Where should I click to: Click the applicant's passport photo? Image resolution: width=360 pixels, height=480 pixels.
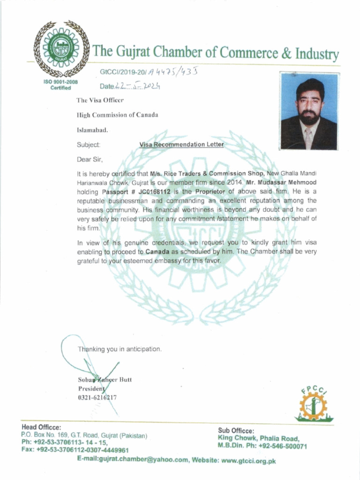(308, 111)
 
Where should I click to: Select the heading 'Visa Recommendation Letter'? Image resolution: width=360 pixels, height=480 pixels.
(181, 145)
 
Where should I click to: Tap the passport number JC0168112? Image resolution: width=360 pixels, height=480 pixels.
(151, 192)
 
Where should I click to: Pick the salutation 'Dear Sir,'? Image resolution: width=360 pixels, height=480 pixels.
(90, 159)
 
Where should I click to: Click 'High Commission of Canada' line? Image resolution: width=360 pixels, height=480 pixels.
(117, 115)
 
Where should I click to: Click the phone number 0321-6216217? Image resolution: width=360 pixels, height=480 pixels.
(97, 397)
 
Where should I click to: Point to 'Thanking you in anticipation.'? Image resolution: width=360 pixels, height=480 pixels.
(120, 349)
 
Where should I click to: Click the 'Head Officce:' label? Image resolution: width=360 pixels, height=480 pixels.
(41, 427)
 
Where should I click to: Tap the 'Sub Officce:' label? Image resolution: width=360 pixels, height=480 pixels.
(236, 431)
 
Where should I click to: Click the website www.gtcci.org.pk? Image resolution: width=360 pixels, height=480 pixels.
(248, 460)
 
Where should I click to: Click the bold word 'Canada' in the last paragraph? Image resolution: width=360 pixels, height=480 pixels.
(157, 252)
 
